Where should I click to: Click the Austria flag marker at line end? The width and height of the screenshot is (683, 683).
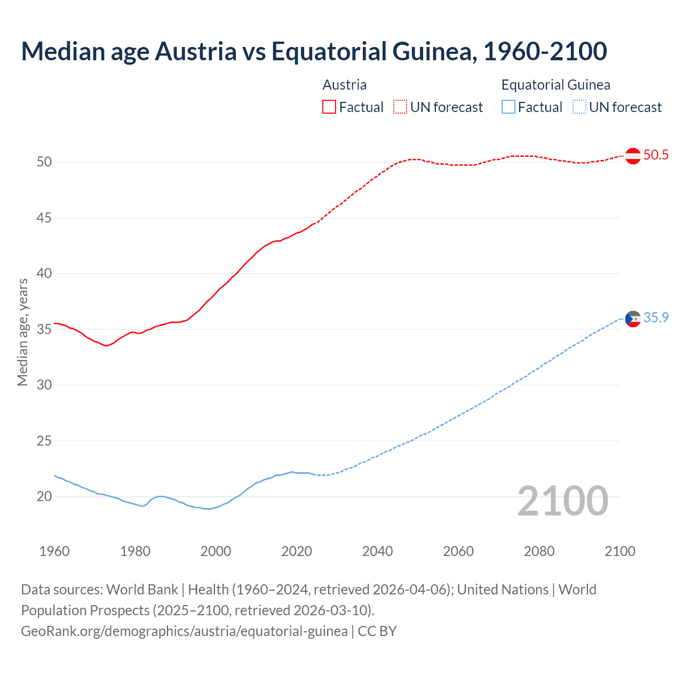[633, 156]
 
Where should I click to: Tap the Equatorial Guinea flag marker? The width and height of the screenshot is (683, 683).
[633, 319]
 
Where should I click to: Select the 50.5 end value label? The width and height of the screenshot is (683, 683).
[656, 155]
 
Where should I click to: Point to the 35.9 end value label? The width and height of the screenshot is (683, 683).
[656, 318]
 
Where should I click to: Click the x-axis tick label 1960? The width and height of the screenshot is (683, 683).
[54, 551]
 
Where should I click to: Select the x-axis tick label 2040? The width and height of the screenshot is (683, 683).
[377, 551]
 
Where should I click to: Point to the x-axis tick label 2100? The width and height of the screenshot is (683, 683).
[620, 551]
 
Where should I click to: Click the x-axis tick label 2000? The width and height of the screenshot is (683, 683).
[216, 551]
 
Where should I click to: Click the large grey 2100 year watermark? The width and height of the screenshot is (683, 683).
[562, 501]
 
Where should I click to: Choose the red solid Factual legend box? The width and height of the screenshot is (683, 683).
[329, 107]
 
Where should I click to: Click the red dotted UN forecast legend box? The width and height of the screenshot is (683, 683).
[400, 107]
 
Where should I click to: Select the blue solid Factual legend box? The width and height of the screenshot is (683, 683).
[509, 107]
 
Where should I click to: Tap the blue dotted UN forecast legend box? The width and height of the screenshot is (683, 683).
[579, 107]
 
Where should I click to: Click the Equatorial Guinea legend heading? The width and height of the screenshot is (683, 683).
[555, 85]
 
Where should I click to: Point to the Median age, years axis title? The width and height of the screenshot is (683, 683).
[22, 332]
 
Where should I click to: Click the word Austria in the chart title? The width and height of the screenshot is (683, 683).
[195, 51]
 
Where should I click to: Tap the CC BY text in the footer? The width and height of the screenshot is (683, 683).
[377, 631]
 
